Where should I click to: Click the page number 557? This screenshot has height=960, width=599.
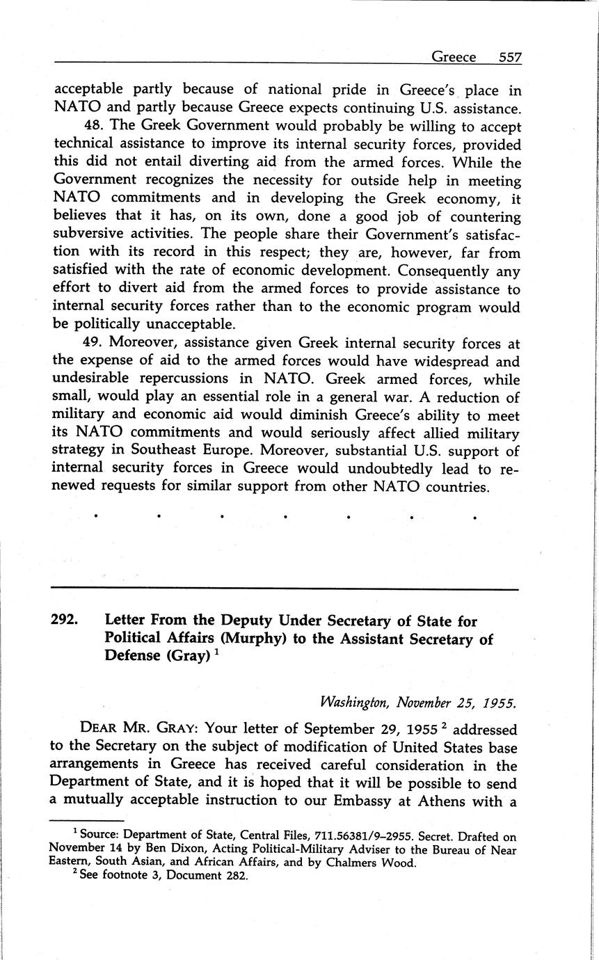pos(510,57)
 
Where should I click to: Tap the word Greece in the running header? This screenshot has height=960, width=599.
pos(454,57)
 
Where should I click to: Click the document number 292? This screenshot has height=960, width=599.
pos(64,620)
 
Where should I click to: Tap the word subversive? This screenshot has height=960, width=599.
pos(86,234)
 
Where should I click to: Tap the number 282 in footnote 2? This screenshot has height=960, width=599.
pos(236,876)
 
